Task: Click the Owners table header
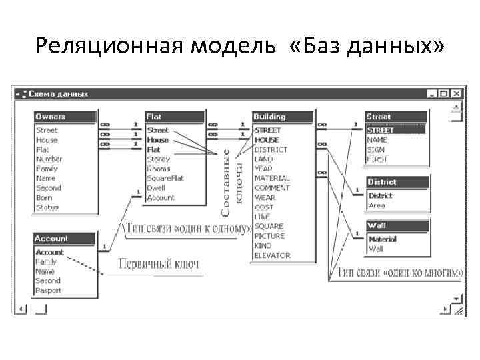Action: [x=65, y=117]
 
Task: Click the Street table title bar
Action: [x=397, y=117]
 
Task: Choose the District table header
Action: [x=397, y=182]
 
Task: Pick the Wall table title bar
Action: [x=397, y=225]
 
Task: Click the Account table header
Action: [x=65, y=239]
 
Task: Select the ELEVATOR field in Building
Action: [x=272, y=255]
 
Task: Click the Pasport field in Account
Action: [x=49, y=291]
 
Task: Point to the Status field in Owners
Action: [x=47, y=207]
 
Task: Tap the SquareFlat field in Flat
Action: [x=165, y=179]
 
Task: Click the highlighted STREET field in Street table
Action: [x=381, y=131]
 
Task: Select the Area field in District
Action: [x=377, y=205]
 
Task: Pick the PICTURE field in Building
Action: [x=269, y=236]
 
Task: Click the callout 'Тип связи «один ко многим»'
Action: [x=400, y=272]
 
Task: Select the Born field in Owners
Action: [x=45, y=198]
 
